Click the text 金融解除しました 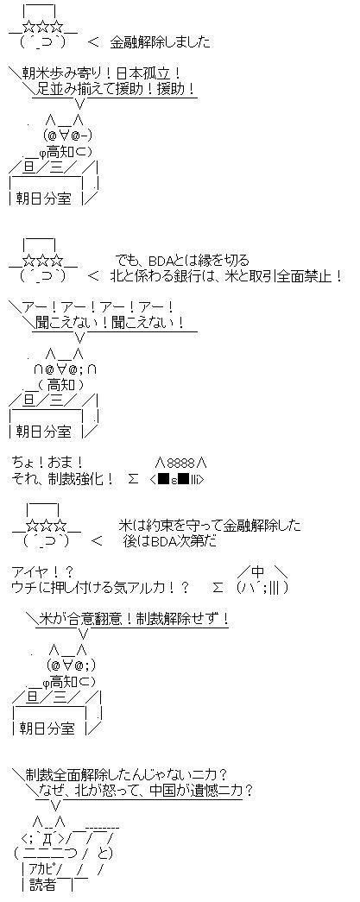(160, 42)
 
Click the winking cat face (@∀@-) (67, 136)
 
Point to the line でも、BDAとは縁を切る (182, 260)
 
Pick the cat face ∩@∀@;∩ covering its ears (64, 369)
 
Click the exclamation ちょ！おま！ (47, 462)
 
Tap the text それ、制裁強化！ (62, 477)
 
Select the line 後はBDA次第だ (170, 540)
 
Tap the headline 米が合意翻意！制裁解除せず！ (134, 618)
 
